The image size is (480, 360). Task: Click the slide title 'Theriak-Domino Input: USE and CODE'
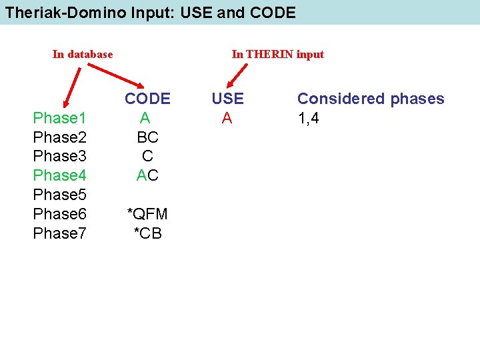[150, 12]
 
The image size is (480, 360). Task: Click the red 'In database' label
[83, 54]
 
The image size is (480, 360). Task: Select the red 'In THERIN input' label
[277, 54]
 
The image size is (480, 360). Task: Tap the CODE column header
[147, 99]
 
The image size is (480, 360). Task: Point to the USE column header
[227, 99]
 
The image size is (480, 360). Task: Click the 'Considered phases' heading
[371, 99]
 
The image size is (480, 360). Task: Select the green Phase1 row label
[59, 119]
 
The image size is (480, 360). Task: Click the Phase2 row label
[59, 137]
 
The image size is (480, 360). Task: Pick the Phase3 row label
[59, 156]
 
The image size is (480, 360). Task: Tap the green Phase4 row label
[59, 175]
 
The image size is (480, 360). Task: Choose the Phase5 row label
[59, 195]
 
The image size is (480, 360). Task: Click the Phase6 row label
[59, 214]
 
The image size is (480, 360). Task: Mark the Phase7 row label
[59, 233]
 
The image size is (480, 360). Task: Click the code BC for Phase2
[147, 137]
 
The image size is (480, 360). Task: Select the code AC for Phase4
[147, 175]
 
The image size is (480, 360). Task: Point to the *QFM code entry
[147, 214]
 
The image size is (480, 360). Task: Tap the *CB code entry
[147, 233]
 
